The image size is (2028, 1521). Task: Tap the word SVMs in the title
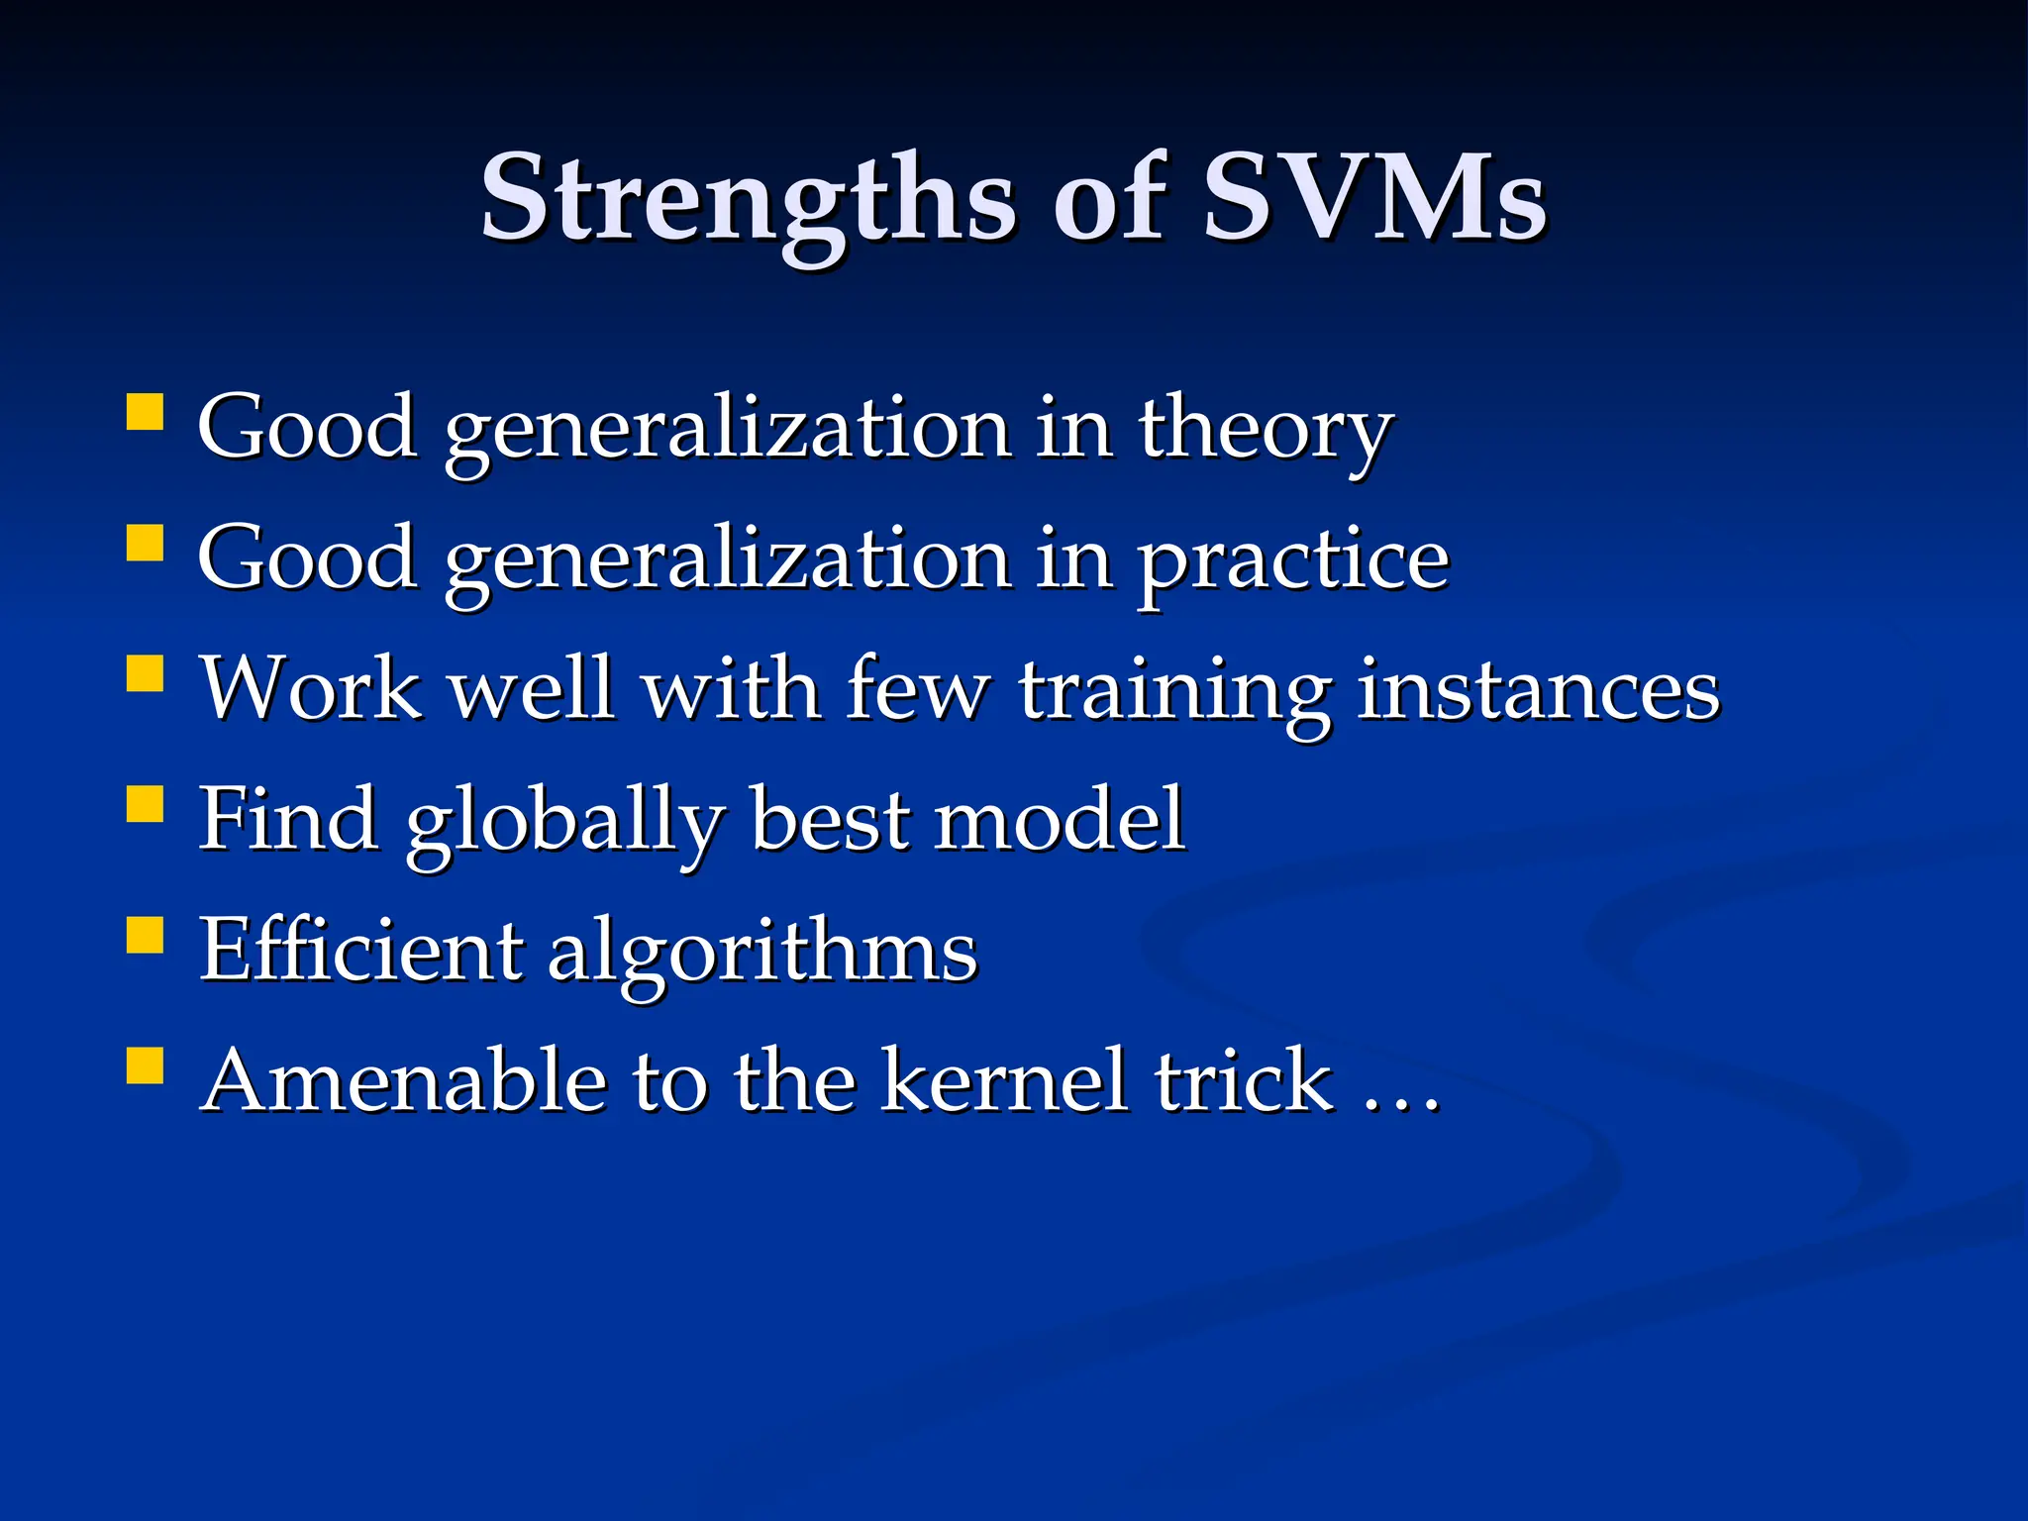[1374, 198]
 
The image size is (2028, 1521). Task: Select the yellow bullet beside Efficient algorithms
[145, 935]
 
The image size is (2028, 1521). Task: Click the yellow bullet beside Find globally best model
[145, 804]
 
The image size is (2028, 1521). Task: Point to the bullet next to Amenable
[145, 1066]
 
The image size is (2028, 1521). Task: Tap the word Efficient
[360, 949]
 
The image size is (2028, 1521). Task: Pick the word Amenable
[404, 1080]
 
